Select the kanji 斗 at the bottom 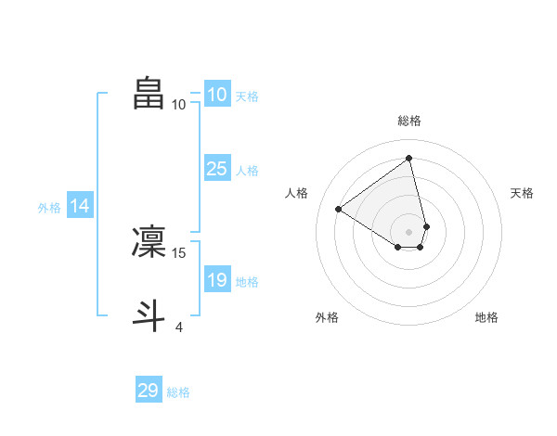click(149, 314)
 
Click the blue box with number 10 click(216, 95)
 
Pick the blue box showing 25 click(216, 169)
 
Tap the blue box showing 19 click(216, 280)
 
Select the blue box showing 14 click(80, 207)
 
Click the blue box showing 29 click(149, 391)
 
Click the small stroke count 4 click(179, 327)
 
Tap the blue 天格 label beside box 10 click(247, 96)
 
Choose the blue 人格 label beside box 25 click(247, 171)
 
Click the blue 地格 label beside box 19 click(247, 282)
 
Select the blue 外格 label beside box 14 click(49, 209)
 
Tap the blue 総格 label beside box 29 click(178, 392)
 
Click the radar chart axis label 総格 click(409, 121)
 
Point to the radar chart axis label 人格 click(297, 193)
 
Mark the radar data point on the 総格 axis click(409, 158)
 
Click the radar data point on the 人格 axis click(339, 209)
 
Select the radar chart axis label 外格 click(327, 318)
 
